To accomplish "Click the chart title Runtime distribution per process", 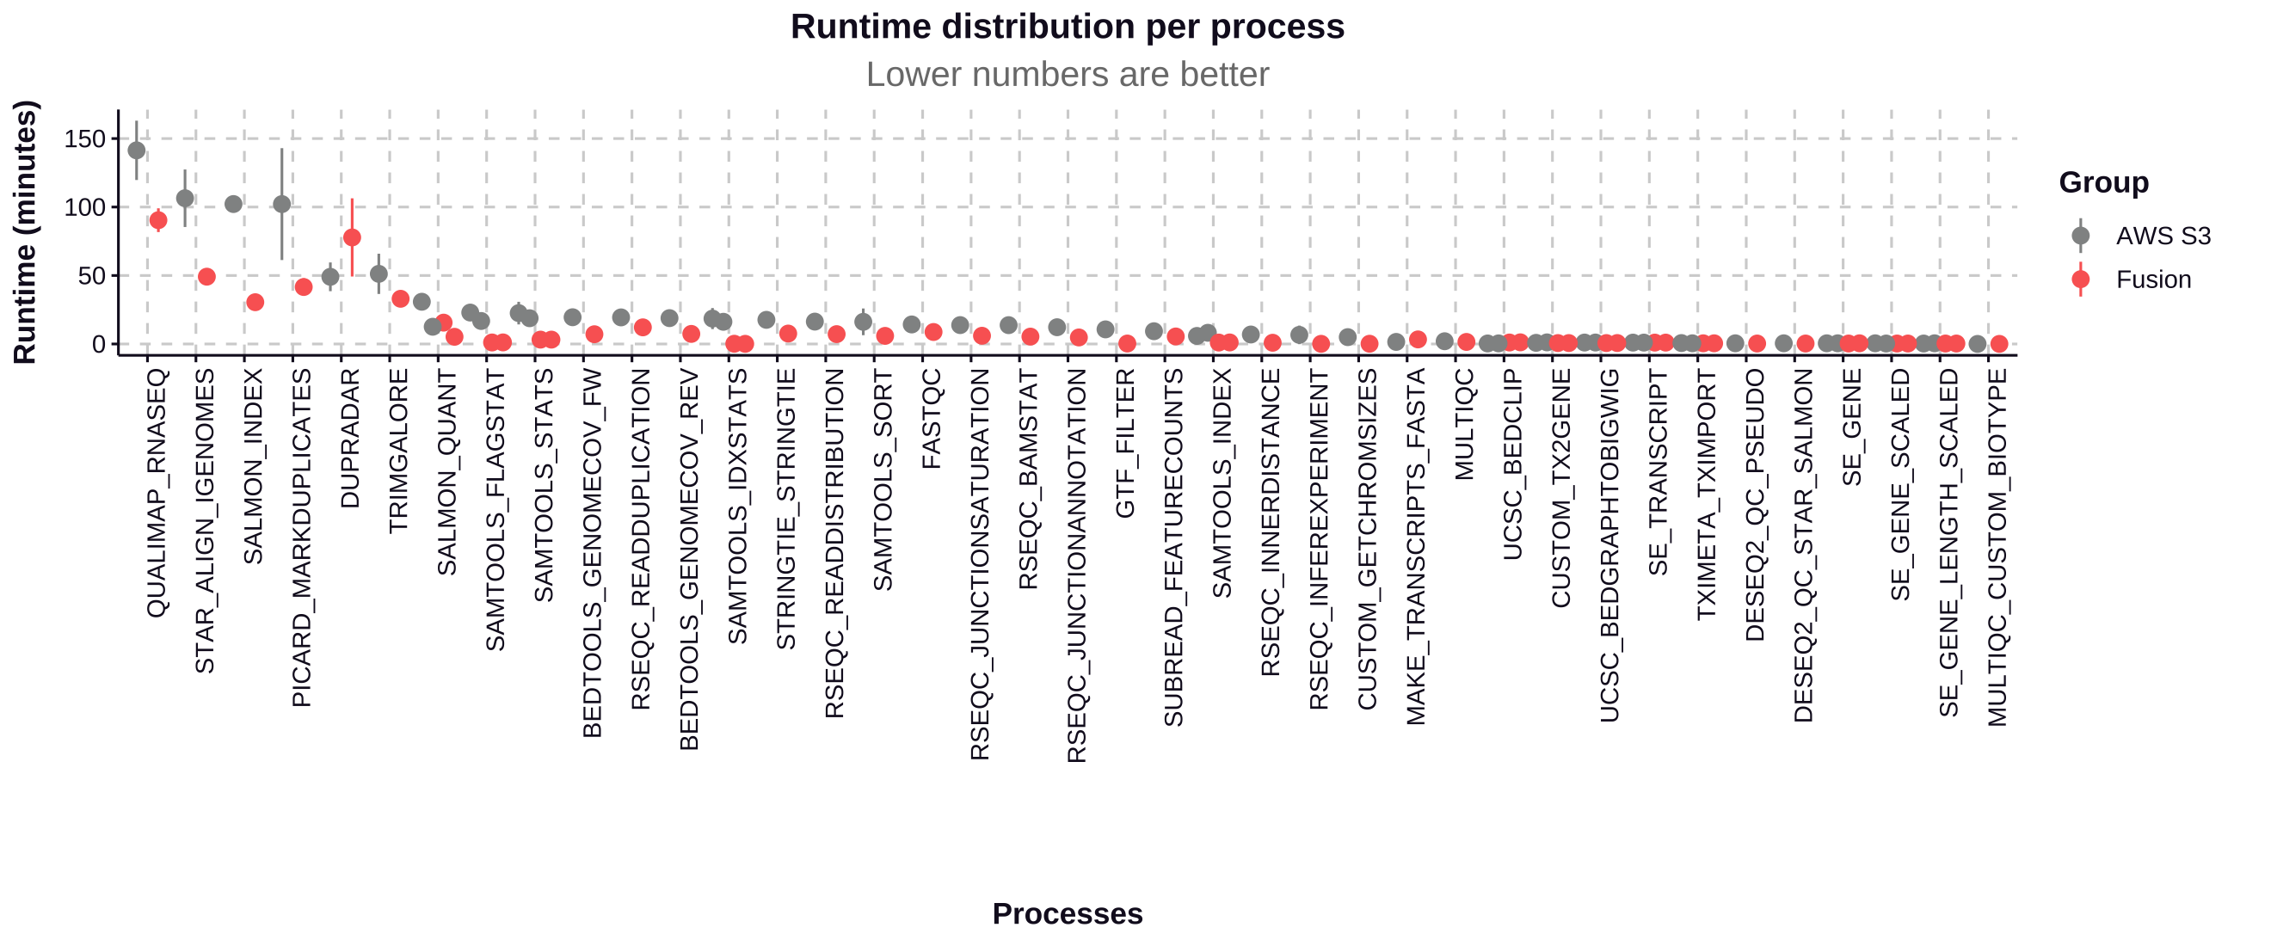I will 1067,27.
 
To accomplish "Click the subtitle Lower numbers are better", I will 1067,74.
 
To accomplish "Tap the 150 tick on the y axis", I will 84,138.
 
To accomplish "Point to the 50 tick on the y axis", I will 92,276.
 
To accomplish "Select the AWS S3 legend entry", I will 2163,236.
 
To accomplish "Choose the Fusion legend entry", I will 2153,279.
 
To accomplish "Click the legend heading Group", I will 2103,182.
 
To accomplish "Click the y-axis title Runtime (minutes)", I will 25,232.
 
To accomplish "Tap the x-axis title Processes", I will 1067,913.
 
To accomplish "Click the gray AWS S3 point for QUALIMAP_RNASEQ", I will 137,150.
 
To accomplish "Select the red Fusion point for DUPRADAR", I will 352,237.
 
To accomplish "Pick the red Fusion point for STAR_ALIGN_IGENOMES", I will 206,277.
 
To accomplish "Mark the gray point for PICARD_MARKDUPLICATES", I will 282,205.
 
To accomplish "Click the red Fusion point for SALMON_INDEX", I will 255,303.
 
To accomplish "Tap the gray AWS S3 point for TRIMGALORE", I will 379,274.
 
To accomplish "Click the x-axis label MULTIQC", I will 1464,425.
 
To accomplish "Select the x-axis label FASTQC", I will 932,419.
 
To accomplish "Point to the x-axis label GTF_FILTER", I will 1126,444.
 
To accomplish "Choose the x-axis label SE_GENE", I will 1852,427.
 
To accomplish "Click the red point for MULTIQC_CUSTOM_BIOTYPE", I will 1999,344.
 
